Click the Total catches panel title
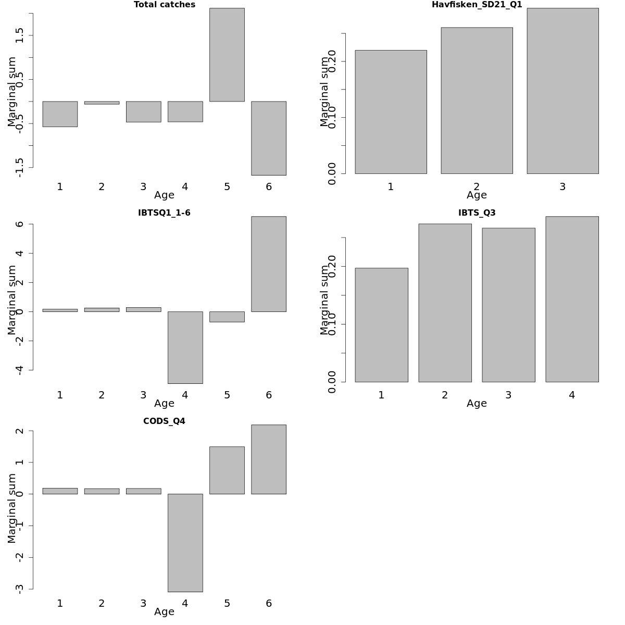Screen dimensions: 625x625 [164, 5]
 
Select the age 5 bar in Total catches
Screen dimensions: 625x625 [227, 55]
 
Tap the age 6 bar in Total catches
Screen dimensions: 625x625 [268, 138]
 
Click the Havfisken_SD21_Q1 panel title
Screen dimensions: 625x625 [477, 5]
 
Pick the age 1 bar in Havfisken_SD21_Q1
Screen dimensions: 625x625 [391, 112]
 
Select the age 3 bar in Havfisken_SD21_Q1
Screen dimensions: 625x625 [562, 91]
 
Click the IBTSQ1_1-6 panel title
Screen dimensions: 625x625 [164, 213]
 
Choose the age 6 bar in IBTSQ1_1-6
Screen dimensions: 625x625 [268, 264]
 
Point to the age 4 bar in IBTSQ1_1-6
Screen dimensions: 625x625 [185, 347]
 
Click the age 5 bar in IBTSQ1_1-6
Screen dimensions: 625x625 [227, 317]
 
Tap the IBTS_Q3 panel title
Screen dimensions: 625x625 [477, 213]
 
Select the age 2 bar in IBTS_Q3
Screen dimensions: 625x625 [445, 303]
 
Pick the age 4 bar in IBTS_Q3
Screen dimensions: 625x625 [572, 299]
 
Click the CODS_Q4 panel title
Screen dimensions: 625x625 [164, 421]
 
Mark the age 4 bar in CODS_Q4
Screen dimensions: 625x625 [185, 543]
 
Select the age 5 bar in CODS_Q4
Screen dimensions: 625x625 [227, 470]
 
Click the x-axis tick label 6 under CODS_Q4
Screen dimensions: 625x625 [268, 604]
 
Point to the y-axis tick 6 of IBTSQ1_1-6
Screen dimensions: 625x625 [20, 224]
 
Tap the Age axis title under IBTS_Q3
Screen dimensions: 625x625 [477, 404]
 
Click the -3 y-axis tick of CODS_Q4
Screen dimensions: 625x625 [20, 589]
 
